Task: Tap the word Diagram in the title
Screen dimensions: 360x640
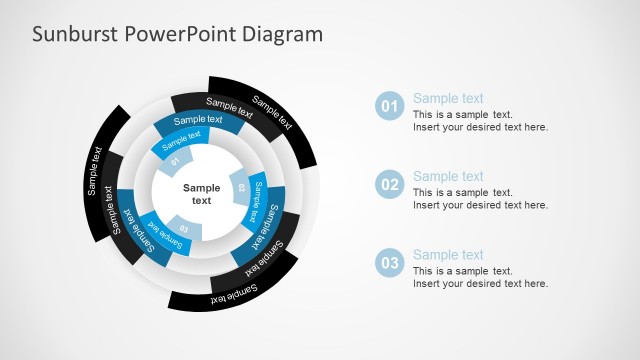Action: pos(287,34)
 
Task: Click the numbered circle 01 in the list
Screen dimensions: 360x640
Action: pos(389,106)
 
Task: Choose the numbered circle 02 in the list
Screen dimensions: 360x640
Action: pos(389,184)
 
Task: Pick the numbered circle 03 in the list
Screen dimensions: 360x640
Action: pos(389,262)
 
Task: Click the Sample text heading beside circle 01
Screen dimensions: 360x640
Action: pos(448,98)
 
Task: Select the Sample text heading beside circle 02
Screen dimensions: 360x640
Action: pos(448,176)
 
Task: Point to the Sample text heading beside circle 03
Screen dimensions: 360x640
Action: pos(448,254)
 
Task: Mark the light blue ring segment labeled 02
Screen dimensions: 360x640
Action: pos(241,187)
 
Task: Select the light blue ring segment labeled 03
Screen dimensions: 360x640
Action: pos(185,229)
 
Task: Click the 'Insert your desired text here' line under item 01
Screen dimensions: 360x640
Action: pos(480,127)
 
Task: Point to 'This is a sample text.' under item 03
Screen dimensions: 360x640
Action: pos(462,271)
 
